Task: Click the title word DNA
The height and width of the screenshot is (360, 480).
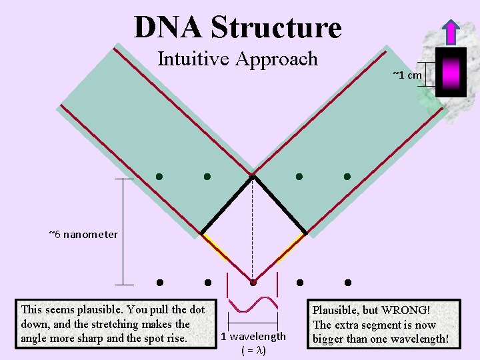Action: (x=167, y=27)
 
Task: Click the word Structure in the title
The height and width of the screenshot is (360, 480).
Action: (x=275, y=27)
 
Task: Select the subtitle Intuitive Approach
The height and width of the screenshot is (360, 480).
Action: (x=237, y=59)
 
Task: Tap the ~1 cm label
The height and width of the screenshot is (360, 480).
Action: (x=407, y=75)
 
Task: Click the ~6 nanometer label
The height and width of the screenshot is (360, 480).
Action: (x=83, y=234)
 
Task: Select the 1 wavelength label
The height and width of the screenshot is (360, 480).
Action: (x=253, y=337)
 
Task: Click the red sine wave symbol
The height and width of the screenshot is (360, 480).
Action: (x=253, y=305)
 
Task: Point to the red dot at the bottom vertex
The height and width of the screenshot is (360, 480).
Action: (x=253, y=282)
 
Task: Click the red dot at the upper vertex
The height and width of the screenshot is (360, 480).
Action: (x=253, y=176)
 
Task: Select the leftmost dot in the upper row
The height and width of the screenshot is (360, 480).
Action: (x=159, y=177)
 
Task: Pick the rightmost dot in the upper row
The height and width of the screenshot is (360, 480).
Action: (x=347, y=177)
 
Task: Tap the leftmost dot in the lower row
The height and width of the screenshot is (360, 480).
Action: (x=160, y=282)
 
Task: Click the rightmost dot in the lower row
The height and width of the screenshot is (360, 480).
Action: (x=347, y=282)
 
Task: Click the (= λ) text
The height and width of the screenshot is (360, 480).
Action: (x=253, y=350)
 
